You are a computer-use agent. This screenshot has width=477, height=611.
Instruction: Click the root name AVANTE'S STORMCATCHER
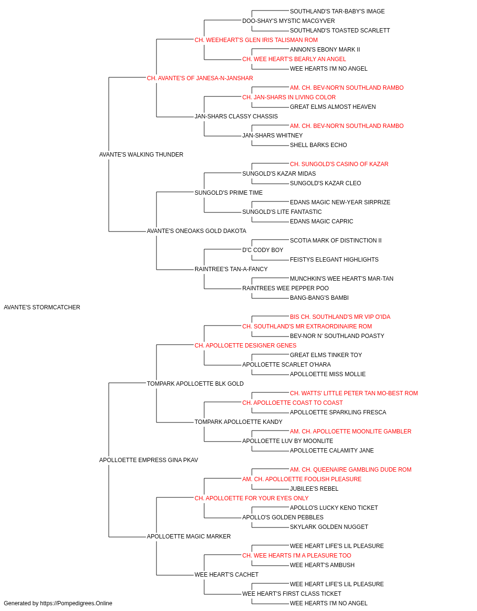tap(42, 307)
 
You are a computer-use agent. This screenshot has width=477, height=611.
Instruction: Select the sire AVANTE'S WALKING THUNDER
tap(141, 155)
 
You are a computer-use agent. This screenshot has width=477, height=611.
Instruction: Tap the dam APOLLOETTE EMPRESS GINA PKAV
tap(149, 460)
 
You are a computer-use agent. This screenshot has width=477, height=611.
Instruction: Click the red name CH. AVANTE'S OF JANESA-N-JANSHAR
tap(200, 78)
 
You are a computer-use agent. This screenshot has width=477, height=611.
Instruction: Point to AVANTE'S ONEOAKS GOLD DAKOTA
tap(197, 231)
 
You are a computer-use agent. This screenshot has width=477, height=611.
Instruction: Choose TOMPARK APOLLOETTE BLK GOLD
tap(195, 384)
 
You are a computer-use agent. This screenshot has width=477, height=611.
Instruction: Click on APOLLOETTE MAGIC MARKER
tap(189, 537)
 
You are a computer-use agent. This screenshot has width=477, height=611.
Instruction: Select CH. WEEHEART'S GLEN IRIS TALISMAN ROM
tap(256, 40)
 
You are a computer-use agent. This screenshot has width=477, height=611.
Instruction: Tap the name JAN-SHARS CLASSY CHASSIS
tap(236, 116)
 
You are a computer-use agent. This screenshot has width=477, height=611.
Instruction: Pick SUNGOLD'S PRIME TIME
tap(228, 193)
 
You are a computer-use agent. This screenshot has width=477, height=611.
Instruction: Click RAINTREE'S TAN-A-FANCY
tap(231, 269)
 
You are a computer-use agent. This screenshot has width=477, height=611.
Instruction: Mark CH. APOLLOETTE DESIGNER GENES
tap(246, 346)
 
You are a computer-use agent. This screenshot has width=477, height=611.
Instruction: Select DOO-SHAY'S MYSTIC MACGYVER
tap(289, 21)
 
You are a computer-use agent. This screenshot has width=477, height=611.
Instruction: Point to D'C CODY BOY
tap(263, 250)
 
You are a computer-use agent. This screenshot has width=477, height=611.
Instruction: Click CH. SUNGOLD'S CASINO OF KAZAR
tap(339, 164)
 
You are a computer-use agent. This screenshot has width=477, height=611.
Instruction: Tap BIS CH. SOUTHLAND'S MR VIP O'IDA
tap(340, 317)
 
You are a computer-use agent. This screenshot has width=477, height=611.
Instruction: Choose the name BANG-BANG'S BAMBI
tap(319, 298)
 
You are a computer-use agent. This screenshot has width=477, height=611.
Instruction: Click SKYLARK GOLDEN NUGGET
tap(329, 527)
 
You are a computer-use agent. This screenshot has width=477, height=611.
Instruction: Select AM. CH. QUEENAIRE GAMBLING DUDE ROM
tap(351, 470)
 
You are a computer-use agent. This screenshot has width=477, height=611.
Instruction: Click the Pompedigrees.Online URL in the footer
tap(76, 603)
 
